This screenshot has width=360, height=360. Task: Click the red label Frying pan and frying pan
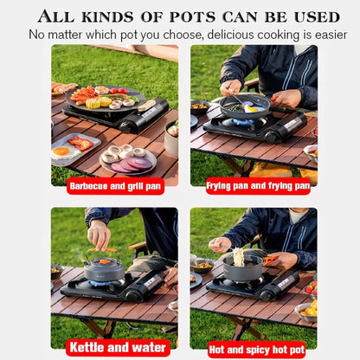click(x=257, y=185)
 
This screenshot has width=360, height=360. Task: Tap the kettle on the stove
click(x=105, y=267)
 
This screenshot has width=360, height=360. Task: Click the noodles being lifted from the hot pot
click(x=240, y=252)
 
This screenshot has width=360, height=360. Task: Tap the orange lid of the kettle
click(x=105, y=257)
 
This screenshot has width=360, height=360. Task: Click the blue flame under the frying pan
click(x=238, y=123)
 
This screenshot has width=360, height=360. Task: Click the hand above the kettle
click(x=99, y=232)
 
